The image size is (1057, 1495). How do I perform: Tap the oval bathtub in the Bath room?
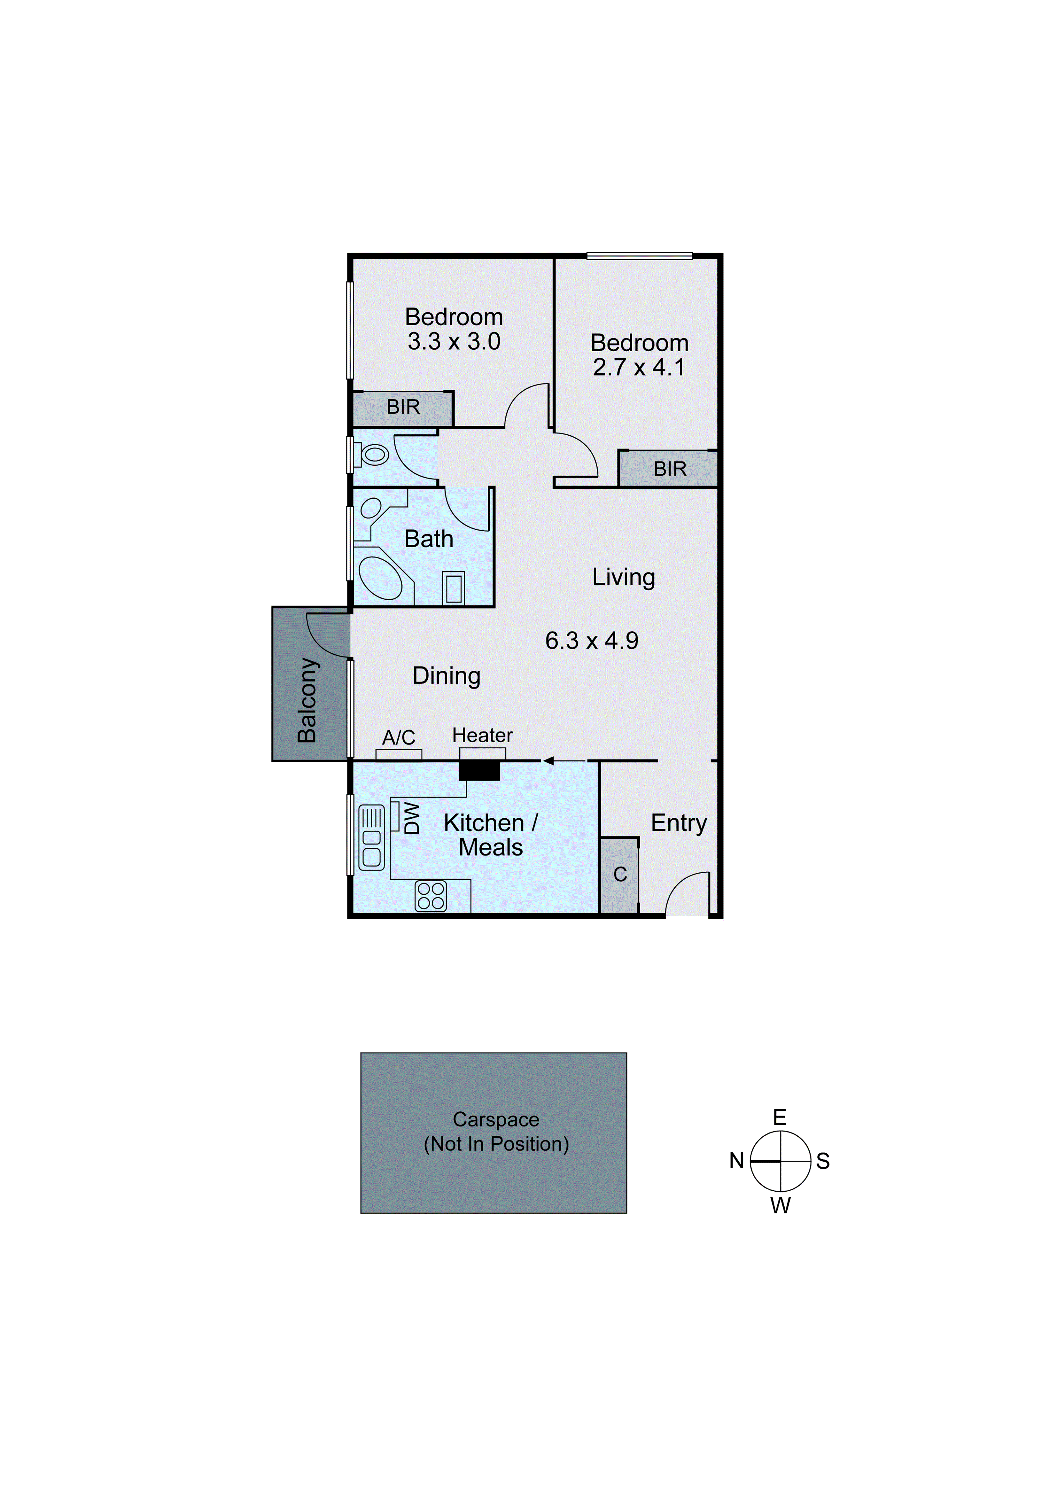click(381, 578)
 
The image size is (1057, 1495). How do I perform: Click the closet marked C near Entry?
click(619, 875)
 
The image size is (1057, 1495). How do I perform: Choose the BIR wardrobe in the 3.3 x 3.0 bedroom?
click(403, 408)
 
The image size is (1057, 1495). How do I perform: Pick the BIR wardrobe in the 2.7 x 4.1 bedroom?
click(669, 469)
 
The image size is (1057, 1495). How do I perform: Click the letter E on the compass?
click(780, 1117)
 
